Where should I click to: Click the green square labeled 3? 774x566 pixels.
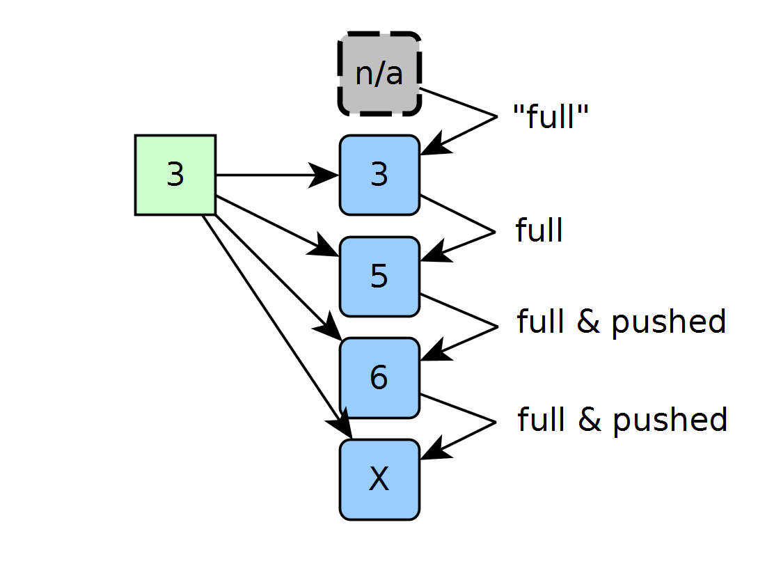175,175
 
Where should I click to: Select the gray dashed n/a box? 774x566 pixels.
379,74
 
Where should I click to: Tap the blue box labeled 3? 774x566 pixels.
379,175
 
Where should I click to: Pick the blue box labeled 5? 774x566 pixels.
379,276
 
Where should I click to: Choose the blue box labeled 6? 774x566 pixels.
379,378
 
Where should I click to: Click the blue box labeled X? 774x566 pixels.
379,480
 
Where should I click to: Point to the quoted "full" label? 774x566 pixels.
551,116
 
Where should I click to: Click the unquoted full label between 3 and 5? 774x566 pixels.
539,230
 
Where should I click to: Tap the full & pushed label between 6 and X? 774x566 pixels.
622,420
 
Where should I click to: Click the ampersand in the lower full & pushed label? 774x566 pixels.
590,419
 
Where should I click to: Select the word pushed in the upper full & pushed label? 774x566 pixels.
669,322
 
